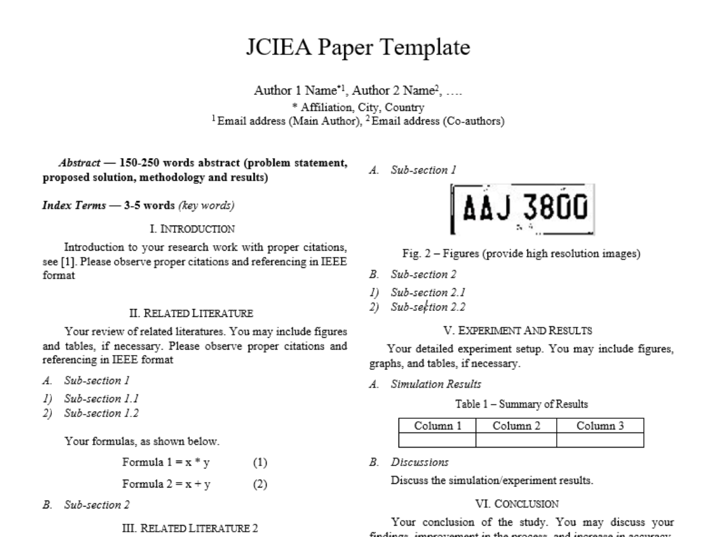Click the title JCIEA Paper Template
tap(358, 48)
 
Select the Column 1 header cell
tap(437, 426)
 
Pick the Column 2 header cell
tap(516, 426)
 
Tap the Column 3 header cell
tap(600, 426)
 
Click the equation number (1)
tap(260, 463)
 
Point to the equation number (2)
tap(260, 484)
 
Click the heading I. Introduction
tap(192, 229)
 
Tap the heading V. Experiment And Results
tap(521, 330)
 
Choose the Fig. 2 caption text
tap(521, 254)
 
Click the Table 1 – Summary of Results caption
tap(521, 405)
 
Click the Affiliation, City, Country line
tap(358, 108)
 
